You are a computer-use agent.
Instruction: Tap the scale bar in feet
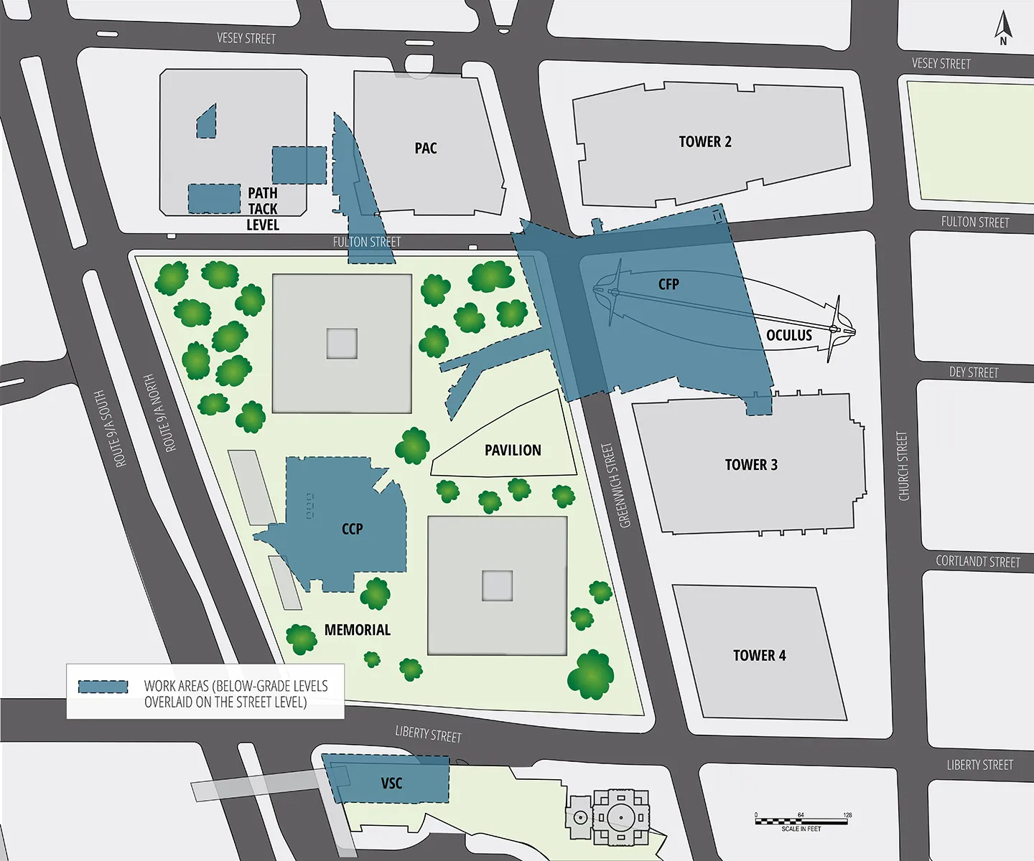click(801, 821)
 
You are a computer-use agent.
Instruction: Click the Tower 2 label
click(705, 142)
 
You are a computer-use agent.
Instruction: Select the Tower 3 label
click(751, 465)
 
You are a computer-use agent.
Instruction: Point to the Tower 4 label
click(759, 656)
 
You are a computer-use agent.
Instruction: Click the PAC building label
click(426, 149)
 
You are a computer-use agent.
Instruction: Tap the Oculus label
click(788, 336)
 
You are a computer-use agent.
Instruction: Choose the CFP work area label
click(669, 284)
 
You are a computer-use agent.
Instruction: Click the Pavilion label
click(513, 451)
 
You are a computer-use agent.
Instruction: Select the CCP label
click(352, 530)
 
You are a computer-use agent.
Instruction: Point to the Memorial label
click(357, 630)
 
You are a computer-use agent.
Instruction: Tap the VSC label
click(391, 784)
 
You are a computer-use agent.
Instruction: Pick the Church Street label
click(903, 466)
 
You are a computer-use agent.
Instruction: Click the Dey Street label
click(974, 372)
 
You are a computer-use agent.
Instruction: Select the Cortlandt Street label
click(977, 562)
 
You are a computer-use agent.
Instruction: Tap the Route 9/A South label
click(111, 429)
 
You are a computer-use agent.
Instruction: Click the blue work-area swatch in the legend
click(103, 687)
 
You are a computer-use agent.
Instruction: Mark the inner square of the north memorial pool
click(342, 343)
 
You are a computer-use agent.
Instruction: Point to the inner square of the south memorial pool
click(497, 585)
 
